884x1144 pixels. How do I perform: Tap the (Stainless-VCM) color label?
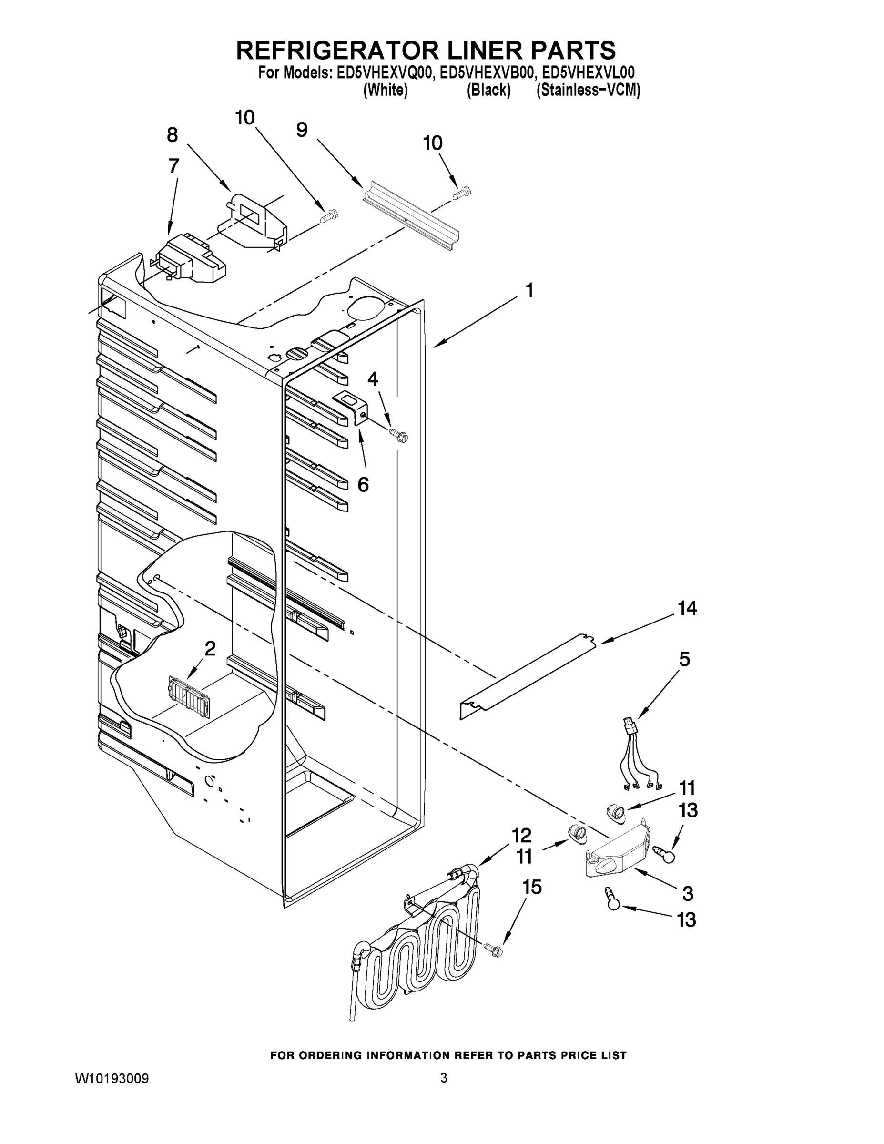pos(588,90)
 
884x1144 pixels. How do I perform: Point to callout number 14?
pos(687,608)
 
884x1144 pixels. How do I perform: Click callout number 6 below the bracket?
pos(363,484)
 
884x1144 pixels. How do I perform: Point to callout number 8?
pos(173,135)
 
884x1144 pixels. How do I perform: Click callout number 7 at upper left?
pos(174,165)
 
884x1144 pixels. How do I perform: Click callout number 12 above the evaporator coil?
pos(522,835)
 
